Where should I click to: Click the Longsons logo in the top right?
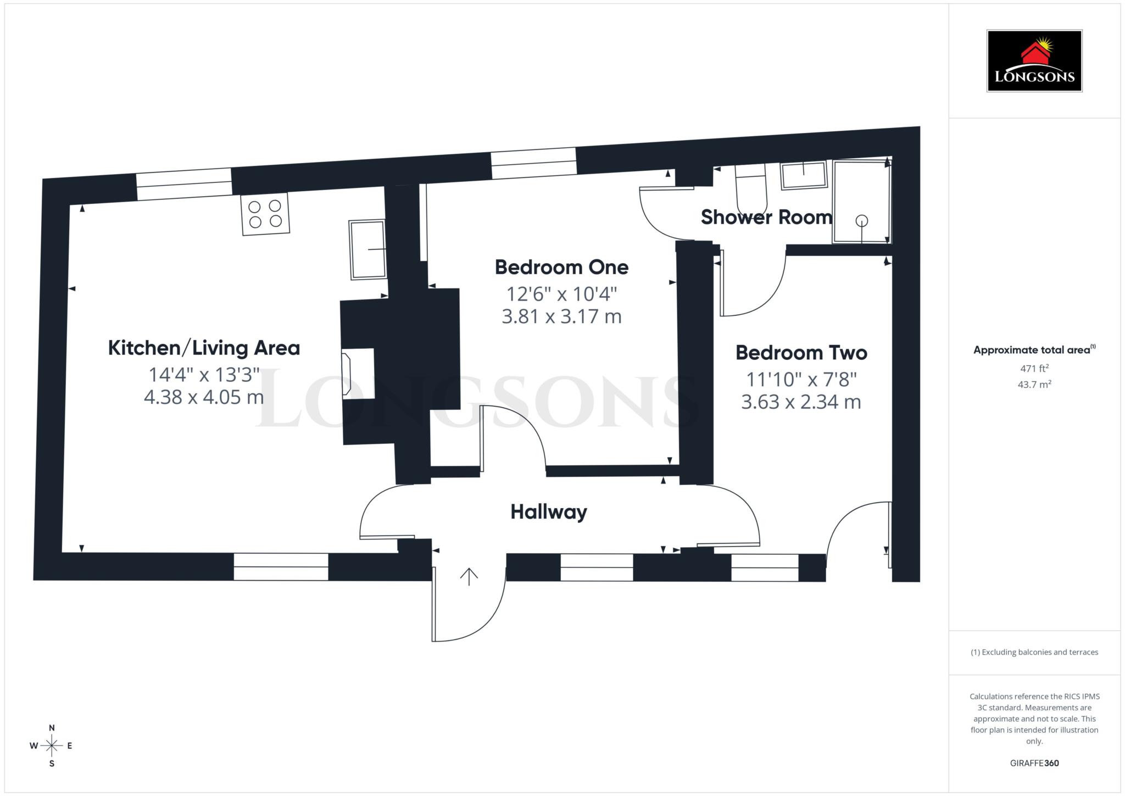pyautogui.click(x=1034, y=60)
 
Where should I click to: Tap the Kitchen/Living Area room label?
pyautogui.click(x=204, y=348)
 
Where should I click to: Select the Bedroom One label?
pyautogui.click(x=561, y=268)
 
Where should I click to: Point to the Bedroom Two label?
pyautogui.click(x=801, y=353)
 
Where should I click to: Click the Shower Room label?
pyautogui.click(x=766, y=218)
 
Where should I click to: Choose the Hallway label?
pyautogui.click(x=549, y=512)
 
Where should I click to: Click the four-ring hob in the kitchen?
pyautogui.click(x=265, y=214)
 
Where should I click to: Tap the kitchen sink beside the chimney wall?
pyautogui.click(x=367, y=249)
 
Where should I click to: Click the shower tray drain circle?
pyautogui.click(x=861, y=220)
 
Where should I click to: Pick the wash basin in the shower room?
pyautogui.click(x=804, y=175)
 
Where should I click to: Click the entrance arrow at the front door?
pyautogui.click(x=469, y=577)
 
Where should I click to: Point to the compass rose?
pyautogui.click(x=52, y=745)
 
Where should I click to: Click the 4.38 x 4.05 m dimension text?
pyautogui.click(x=204, y=397)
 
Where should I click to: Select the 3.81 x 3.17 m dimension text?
pyautogui.click(x=561, y=317)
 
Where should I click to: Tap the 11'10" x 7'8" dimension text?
pyautogui.click(x=801, y=379)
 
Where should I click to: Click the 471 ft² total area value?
pyautogui.click(x=1034, y=369)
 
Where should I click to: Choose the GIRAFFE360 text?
pyautogui.click(x=1034, y=763)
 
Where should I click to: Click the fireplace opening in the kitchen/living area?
pyautogui.click(x=359, y=374)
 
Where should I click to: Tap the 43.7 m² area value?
pyautogui.click(x=1034, y=385)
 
